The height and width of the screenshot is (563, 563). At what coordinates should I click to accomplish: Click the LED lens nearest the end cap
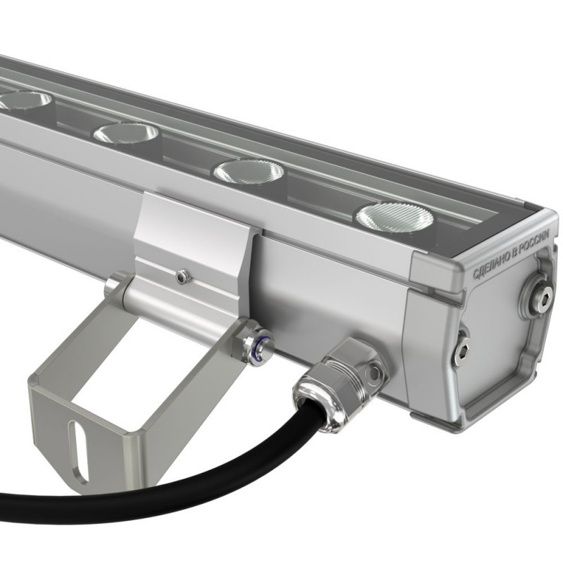394,217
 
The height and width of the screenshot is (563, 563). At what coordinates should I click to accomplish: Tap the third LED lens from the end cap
126,132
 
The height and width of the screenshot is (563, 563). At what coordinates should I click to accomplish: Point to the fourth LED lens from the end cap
25,99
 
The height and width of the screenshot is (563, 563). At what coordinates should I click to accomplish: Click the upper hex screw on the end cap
538,293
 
